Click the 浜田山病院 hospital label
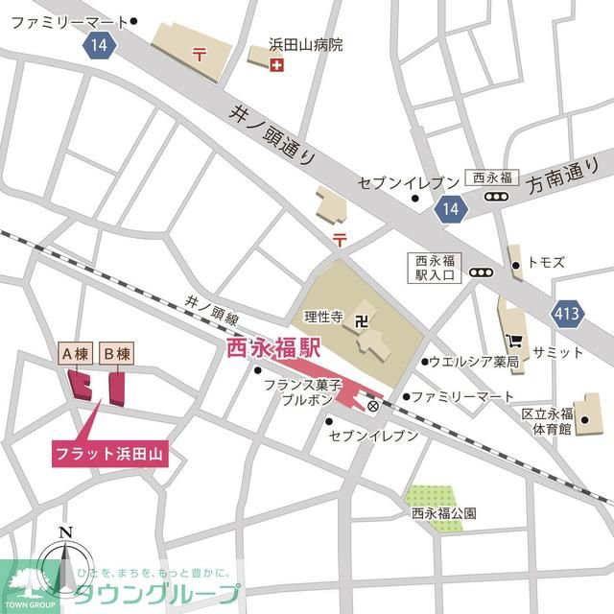pyautogui.click(x=304, y=44)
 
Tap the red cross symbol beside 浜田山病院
pyautogui.click(x=277, y=64)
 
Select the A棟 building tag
pyautogui.click(x=75, y=353)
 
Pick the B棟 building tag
pyautogui.click(x=116, y=353)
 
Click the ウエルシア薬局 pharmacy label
pyautogui.click(x=473, y=362)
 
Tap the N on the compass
pyautogui.click(x=64, y=533)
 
